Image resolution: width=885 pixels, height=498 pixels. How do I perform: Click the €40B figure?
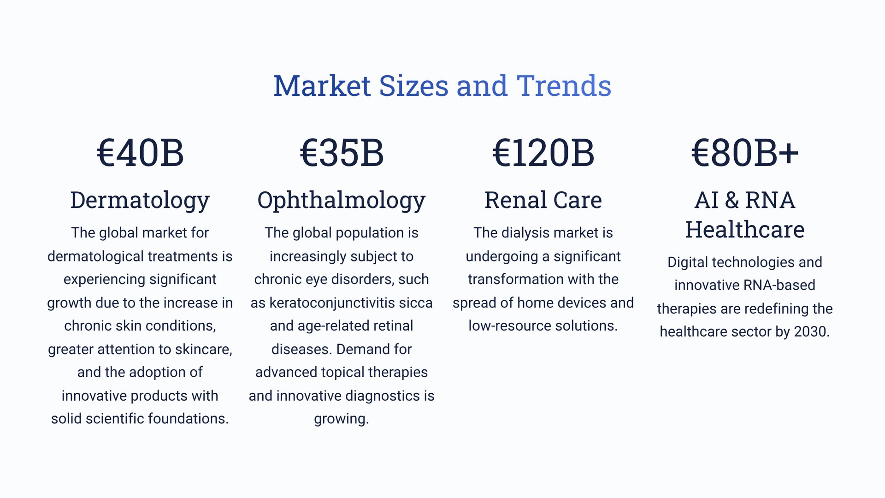click(140, 153)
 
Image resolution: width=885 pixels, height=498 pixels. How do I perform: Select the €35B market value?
click(342, 153)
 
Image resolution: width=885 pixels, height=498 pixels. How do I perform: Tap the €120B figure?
click(543, 153)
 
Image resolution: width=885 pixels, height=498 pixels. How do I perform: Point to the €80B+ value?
click(745, 153)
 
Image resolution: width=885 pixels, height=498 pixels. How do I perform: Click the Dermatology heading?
click(140, 201)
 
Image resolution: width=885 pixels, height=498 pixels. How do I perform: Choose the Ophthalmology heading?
click(342, 201)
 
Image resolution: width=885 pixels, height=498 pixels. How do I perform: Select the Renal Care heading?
click(543, 200)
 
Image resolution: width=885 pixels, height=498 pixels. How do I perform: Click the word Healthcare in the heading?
click(745, 229)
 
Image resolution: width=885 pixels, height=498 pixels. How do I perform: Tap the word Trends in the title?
click(564, 86)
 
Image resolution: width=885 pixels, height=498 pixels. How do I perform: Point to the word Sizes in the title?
click(413, 86)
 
